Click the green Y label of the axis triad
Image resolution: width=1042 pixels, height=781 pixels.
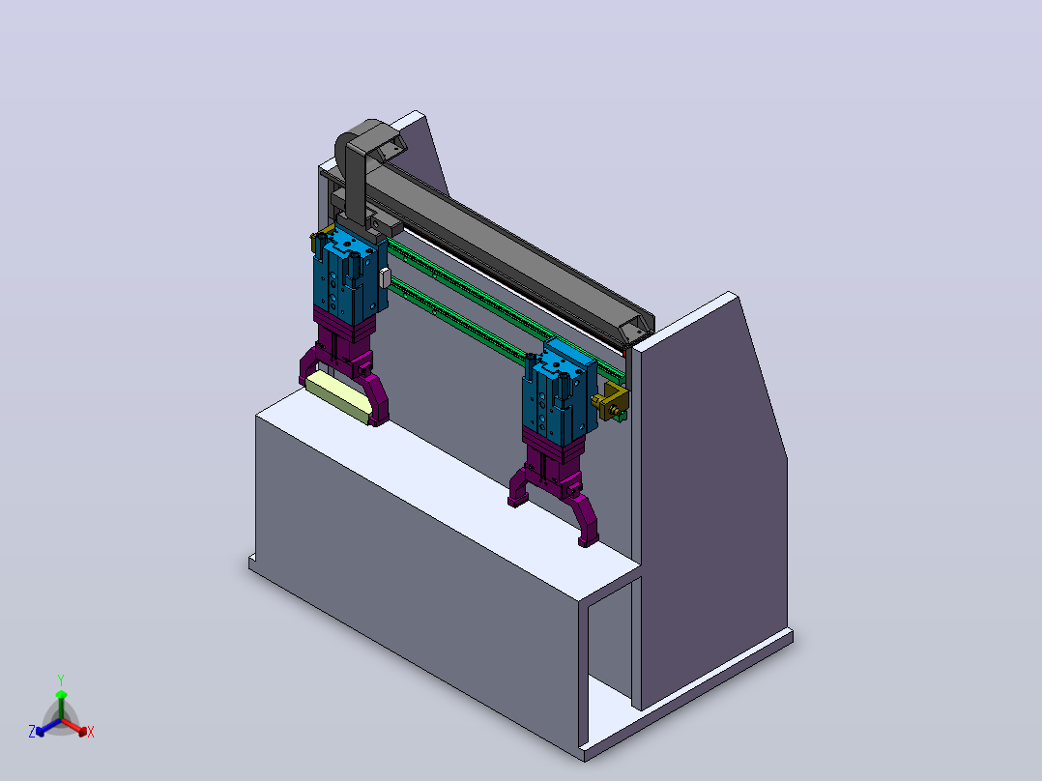61,680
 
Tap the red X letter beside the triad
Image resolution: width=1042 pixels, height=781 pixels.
91,732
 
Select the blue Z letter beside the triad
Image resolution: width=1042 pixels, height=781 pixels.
32,732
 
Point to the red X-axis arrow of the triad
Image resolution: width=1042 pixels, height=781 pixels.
74,727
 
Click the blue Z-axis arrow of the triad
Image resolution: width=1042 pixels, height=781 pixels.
48,727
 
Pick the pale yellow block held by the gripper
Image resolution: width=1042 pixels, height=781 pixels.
337,395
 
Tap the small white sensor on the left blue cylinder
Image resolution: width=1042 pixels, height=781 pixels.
384,277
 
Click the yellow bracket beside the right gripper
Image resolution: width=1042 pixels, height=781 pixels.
611,401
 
